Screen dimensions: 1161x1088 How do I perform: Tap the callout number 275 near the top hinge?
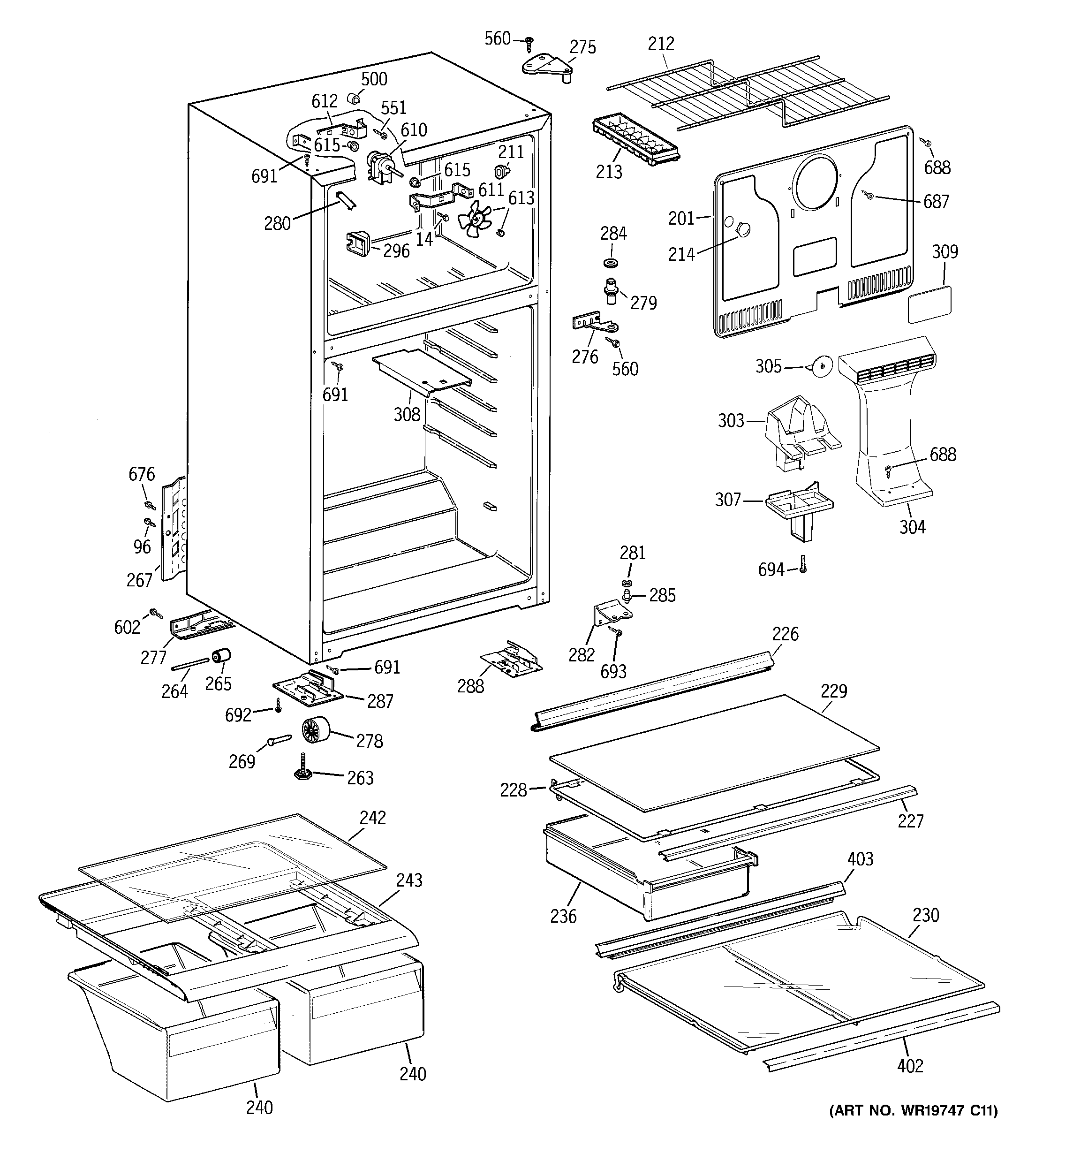click(x=582, y=47)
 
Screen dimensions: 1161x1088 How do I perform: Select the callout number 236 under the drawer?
click(x=563, y=916)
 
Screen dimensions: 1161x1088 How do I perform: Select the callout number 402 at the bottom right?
click(x=910, y=1066)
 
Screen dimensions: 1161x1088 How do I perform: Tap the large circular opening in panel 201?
click(x=819, y=182)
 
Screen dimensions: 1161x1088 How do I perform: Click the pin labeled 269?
click(x=279, y=740)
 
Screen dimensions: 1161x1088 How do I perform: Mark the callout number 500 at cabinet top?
click(x=374, y=79)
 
